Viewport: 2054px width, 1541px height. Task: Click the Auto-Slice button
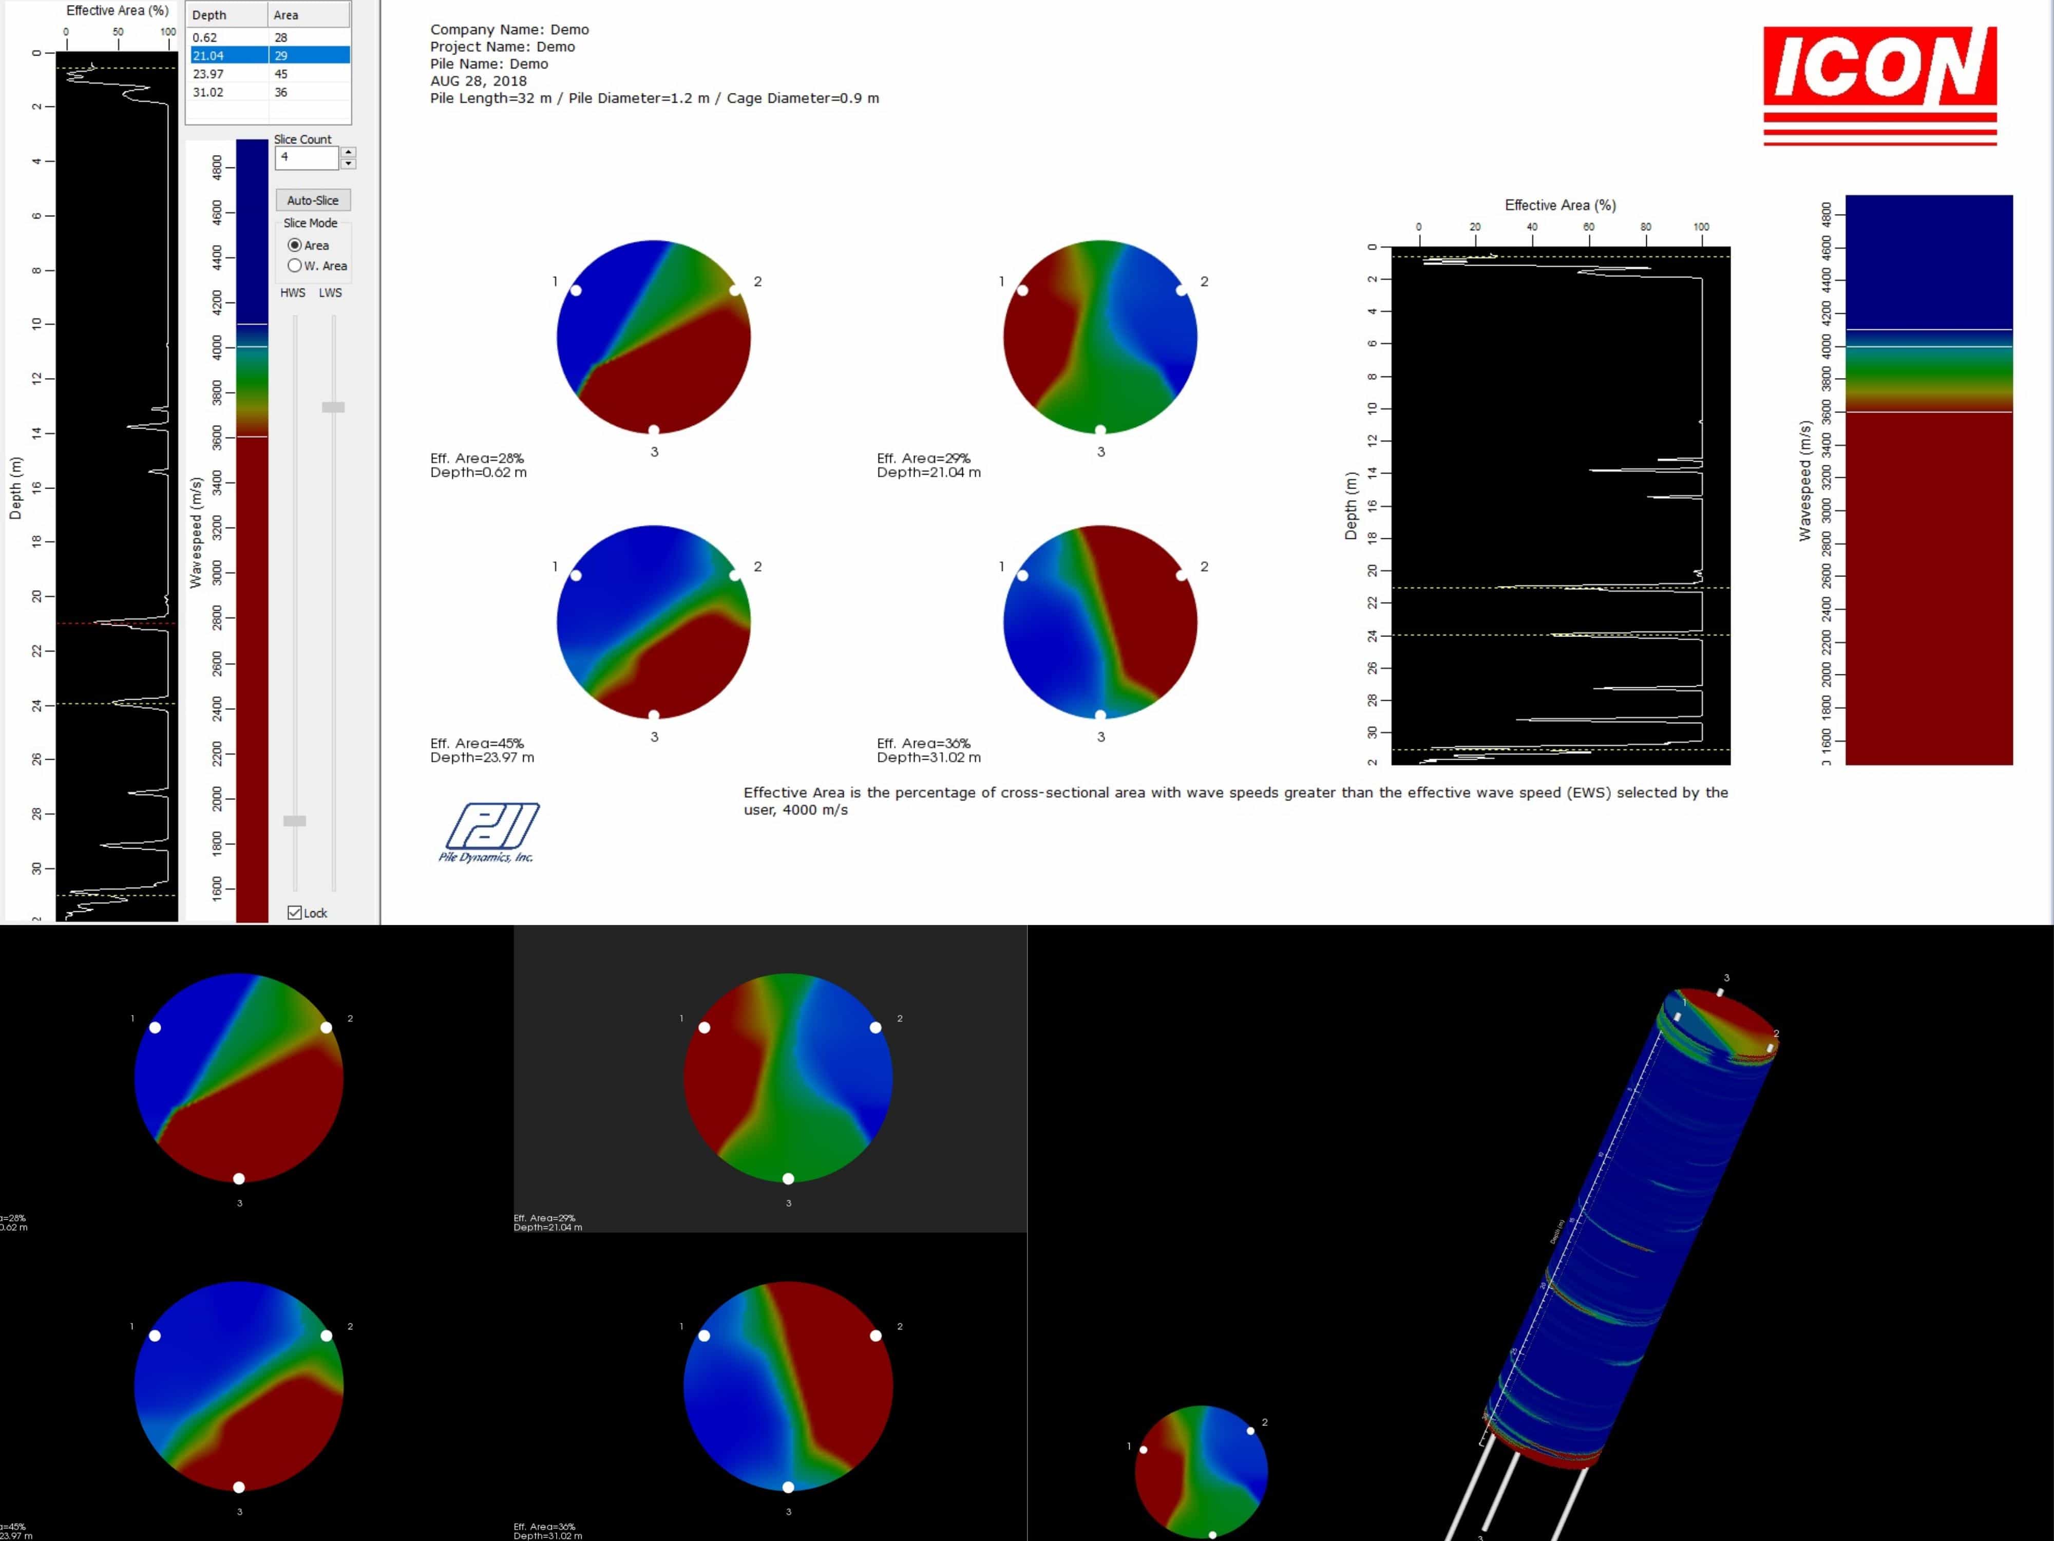(x=312, y=200)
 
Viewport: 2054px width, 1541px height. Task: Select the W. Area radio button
(x=294, y=266)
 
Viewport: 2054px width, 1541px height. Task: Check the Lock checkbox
(x=294, y=912)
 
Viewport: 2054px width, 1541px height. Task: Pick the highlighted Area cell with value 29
(x=308, y=55)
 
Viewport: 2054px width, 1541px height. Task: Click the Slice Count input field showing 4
(x=306, y=157)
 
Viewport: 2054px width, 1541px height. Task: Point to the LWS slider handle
(x=332, y=407)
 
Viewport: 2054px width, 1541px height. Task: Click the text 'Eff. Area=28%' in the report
(x=477, y=458)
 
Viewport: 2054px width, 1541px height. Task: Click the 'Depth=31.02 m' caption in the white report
(x=928, y=757)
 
